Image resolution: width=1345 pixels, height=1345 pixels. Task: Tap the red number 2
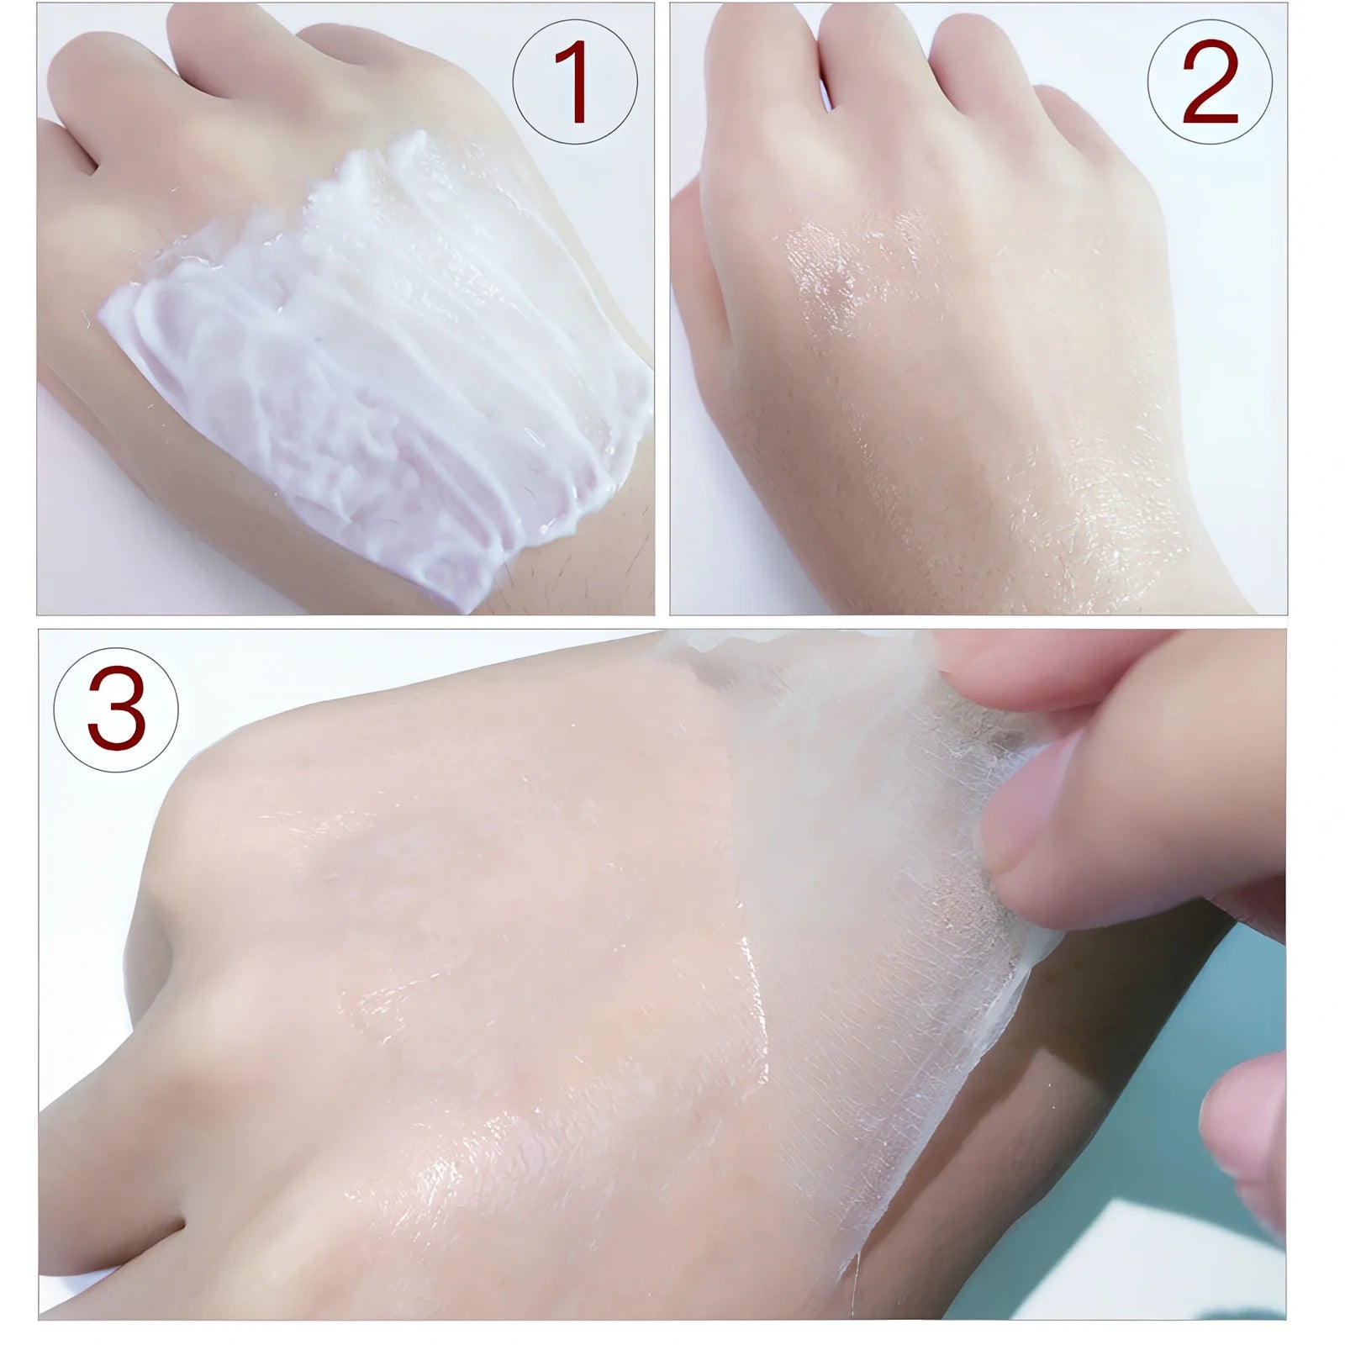(1210, 83)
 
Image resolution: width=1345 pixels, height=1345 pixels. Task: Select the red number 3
(116, 709)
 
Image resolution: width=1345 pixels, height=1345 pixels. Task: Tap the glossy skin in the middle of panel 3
(521, 967)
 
